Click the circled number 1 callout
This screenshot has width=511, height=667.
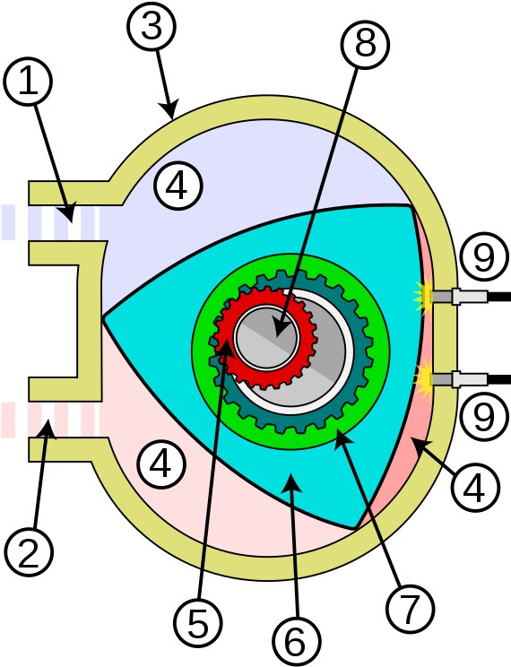coord(28,82)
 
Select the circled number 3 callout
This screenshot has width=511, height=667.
coord(151,26)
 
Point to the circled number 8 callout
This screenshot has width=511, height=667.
coord(365,42)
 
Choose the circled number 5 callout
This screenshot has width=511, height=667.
coord(198,622)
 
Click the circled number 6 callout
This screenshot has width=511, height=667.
coord(295,641)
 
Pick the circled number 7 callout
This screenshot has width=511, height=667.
coord(410,610)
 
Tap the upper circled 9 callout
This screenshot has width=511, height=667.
coord(483,258)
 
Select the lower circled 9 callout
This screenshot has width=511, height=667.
coord(483,417)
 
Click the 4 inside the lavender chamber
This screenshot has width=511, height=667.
coord(178,186)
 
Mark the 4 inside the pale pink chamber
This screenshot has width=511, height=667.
coord(161,465)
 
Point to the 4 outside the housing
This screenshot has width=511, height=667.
coord(475,489)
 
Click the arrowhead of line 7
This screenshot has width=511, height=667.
coord(341,437)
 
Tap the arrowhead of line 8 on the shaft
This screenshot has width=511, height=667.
coord(281,330)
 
